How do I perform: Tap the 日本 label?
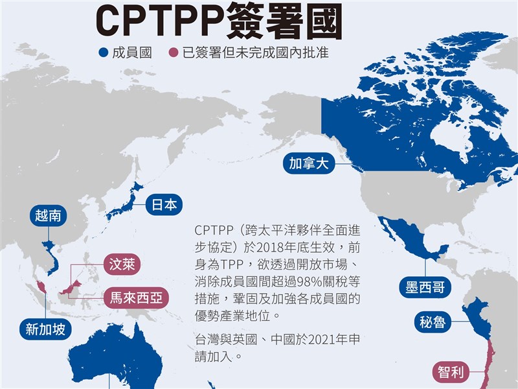coord(163,205)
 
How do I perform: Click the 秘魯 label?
coord(433,322)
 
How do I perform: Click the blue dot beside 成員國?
coord(103,53)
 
